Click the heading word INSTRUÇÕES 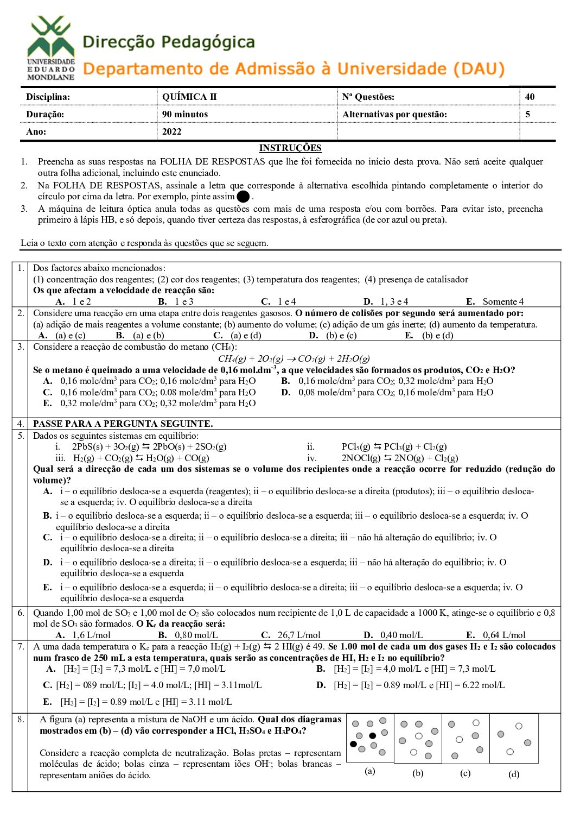[290, 148]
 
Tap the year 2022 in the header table [172, 131]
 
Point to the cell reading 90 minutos [185, 114]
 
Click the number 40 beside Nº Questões [530, 97]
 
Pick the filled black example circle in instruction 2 [244, 197]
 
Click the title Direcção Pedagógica [169, 42]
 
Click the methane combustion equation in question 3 [294, 358]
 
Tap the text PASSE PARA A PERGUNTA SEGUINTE [123, 424]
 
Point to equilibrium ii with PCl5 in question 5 [394, 446]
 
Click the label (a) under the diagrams [370, 771]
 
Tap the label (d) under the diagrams [514, 774]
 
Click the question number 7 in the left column [21, 646]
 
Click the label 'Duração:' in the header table [45, 114]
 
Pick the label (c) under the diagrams [465, 773]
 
